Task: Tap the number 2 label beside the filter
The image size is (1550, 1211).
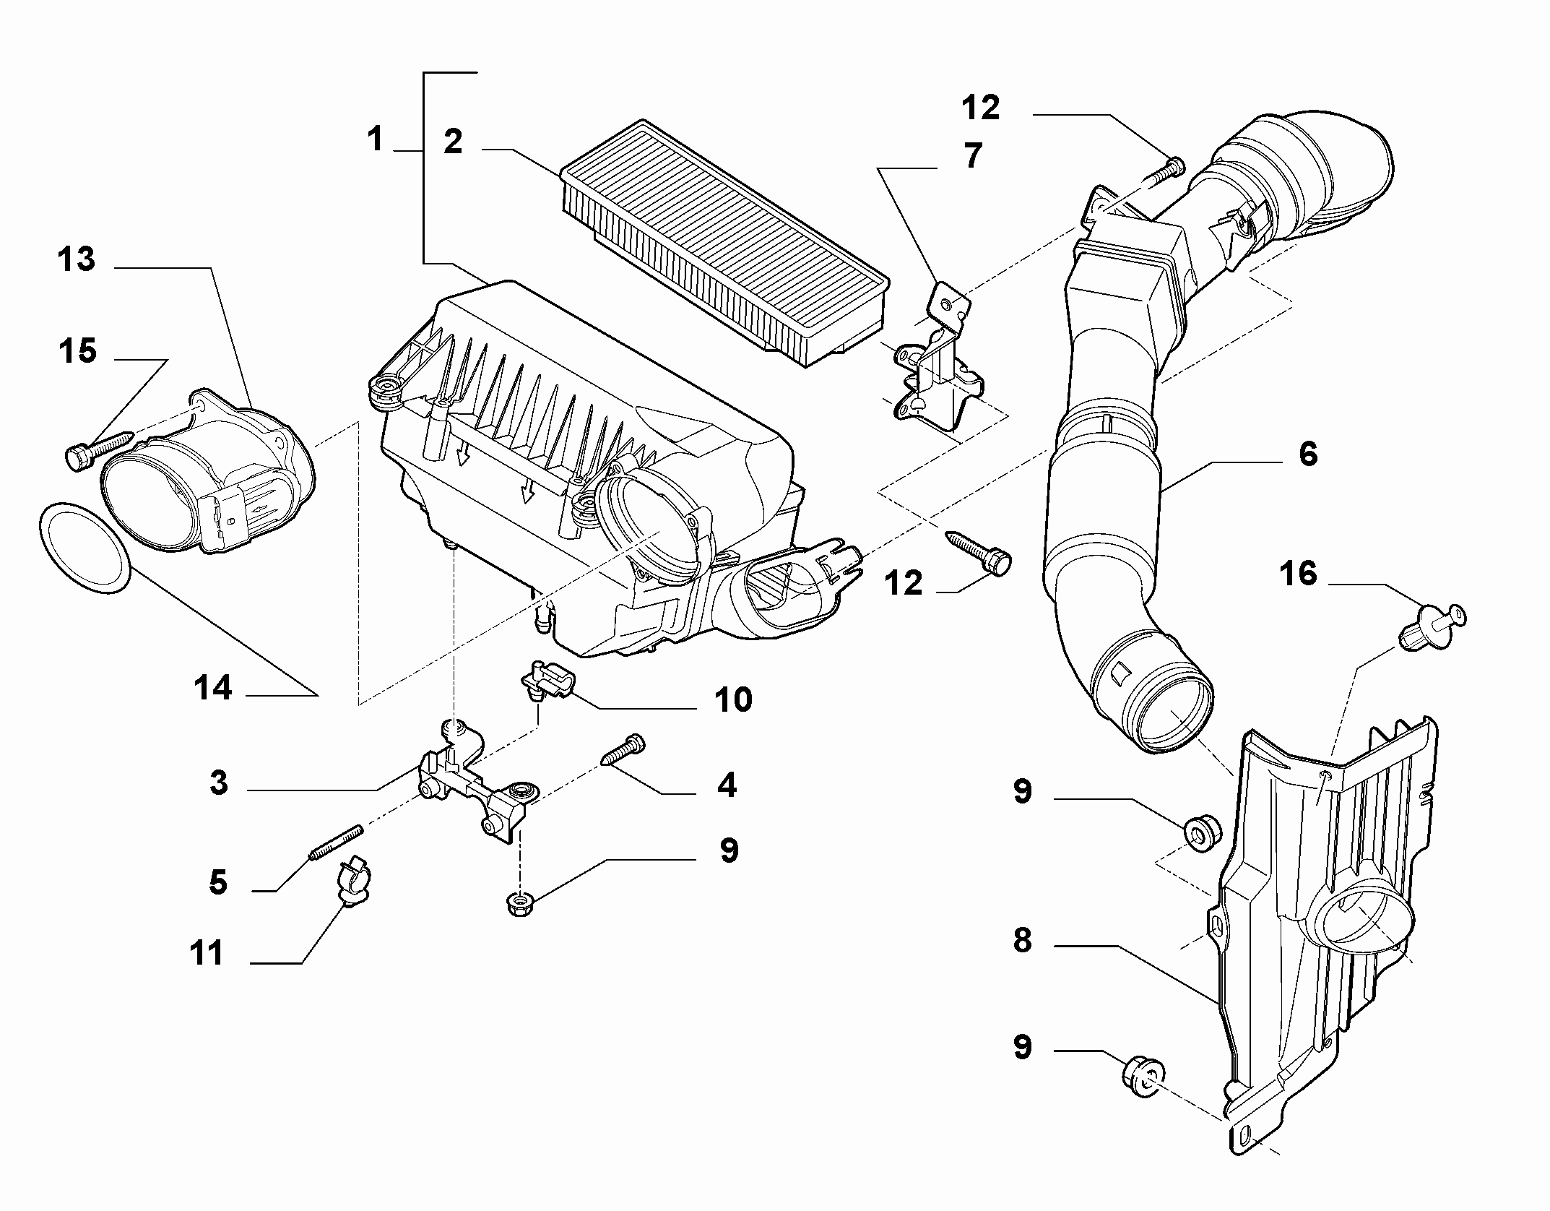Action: pos(453,142)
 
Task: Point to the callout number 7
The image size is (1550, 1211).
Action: pos(973,155)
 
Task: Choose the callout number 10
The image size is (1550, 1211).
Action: pos(732,699)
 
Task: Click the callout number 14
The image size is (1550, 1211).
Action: pos(213,688)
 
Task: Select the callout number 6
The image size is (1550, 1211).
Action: pos(1308,454)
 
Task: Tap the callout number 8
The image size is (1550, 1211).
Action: pos(1022,941)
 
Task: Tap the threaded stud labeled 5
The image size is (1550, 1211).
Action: pos(334,842)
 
